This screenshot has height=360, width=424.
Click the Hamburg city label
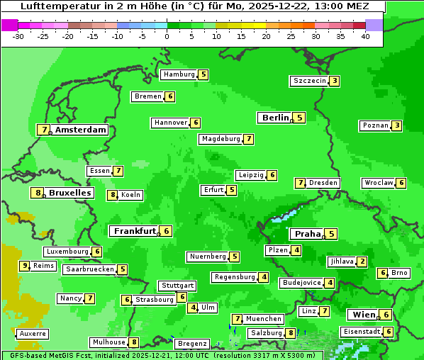pos(179,74)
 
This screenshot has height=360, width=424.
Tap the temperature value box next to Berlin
pos(300,118)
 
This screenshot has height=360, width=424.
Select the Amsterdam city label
pos(81,130)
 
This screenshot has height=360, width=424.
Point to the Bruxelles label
pos(69,193)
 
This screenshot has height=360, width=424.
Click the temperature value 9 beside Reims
pos(25,266)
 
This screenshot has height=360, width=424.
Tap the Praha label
pos(308,234)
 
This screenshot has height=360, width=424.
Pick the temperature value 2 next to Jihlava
pos(362,261)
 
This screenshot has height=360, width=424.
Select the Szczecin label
pos(309,81)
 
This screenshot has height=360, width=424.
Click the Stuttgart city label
pos(177,286)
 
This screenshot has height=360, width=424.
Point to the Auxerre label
pos(33,333)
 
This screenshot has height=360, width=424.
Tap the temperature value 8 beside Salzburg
pos(291,333)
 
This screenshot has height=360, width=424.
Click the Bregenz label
pos(191,344)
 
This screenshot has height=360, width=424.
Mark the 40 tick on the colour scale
pos(365,36)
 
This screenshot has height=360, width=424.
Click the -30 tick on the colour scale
pos(18,36)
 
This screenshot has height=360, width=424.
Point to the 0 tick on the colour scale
pos(167,36)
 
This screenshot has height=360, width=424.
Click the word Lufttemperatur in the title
pos(57,6)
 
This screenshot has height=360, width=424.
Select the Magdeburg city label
pos(221,139)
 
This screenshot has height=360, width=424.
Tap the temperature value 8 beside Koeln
pos(112,195)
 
